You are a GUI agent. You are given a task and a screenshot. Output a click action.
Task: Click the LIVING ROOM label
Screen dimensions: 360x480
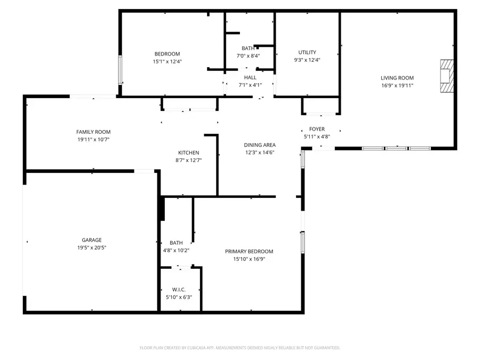pos(397,78)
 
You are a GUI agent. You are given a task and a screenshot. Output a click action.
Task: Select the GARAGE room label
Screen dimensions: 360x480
pos(91,240)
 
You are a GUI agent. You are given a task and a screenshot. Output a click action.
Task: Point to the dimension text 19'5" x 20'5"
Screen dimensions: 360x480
pos(91,247)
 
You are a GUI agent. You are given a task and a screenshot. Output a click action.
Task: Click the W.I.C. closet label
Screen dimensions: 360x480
pos(179,290)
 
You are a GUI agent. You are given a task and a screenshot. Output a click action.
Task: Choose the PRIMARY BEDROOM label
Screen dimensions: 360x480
pos(249,252)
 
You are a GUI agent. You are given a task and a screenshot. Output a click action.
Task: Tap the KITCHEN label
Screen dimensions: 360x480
pos(188,153)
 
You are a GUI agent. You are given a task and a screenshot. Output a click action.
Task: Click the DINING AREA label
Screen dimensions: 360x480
pos(260,145)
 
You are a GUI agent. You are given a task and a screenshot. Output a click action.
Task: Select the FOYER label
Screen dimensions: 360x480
pos(317,130)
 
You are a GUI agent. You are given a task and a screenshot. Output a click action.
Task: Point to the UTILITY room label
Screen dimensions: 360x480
pos(307,52)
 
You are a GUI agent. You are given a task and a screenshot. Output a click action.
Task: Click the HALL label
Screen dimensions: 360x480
pos(250,77)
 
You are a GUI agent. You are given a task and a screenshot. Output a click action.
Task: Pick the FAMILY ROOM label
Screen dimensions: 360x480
pos(93,132)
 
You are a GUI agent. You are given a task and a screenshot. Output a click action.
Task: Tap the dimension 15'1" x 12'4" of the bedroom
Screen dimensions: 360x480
pos(167,61)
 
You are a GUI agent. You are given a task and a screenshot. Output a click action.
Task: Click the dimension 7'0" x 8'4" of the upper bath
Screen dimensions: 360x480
pos(248,55)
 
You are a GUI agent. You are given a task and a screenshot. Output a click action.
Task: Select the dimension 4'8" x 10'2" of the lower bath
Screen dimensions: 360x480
pos(176,250)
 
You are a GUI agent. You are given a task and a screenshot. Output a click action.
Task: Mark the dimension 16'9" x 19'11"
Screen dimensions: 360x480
pos(397,85)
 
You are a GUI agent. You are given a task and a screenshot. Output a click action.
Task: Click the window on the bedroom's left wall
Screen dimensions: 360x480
pos(121,70)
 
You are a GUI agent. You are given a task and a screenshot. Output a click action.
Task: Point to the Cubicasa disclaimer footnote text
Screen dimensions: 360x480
pos(239,348)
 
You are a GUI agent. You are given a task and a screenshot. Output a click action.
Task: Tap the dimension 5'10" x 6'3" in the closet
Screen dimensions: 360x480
pos(179,298)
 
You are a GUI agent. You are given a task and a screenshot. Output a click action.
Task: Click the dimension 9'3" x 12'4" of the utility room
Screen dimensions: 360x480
pos(307,60)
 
